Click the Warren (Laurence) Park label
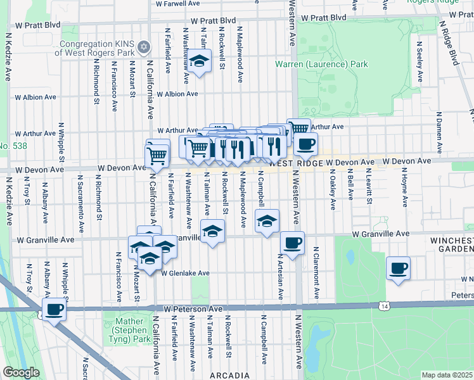[x=321, y=64]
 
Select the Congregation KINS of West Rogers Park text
[x=95, y=48]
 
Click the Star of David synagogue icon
[x=144, y=47]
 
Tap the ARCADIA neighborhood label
[x=229, y=375]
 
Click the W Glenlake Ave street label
[x=185, y=274]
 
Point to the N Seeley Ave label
[x=420, y=58]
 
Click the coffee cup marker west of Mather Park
[x=54, y=310]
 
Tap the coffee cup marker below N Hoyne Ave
[x=398, y=269]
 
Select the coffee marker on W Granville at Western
[x=292, y=243]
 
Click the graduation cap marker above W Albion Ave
[x=200, y=62]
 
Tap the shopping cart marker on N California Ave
[x=157, y=154]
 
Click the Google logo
[x=21, y=372]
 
